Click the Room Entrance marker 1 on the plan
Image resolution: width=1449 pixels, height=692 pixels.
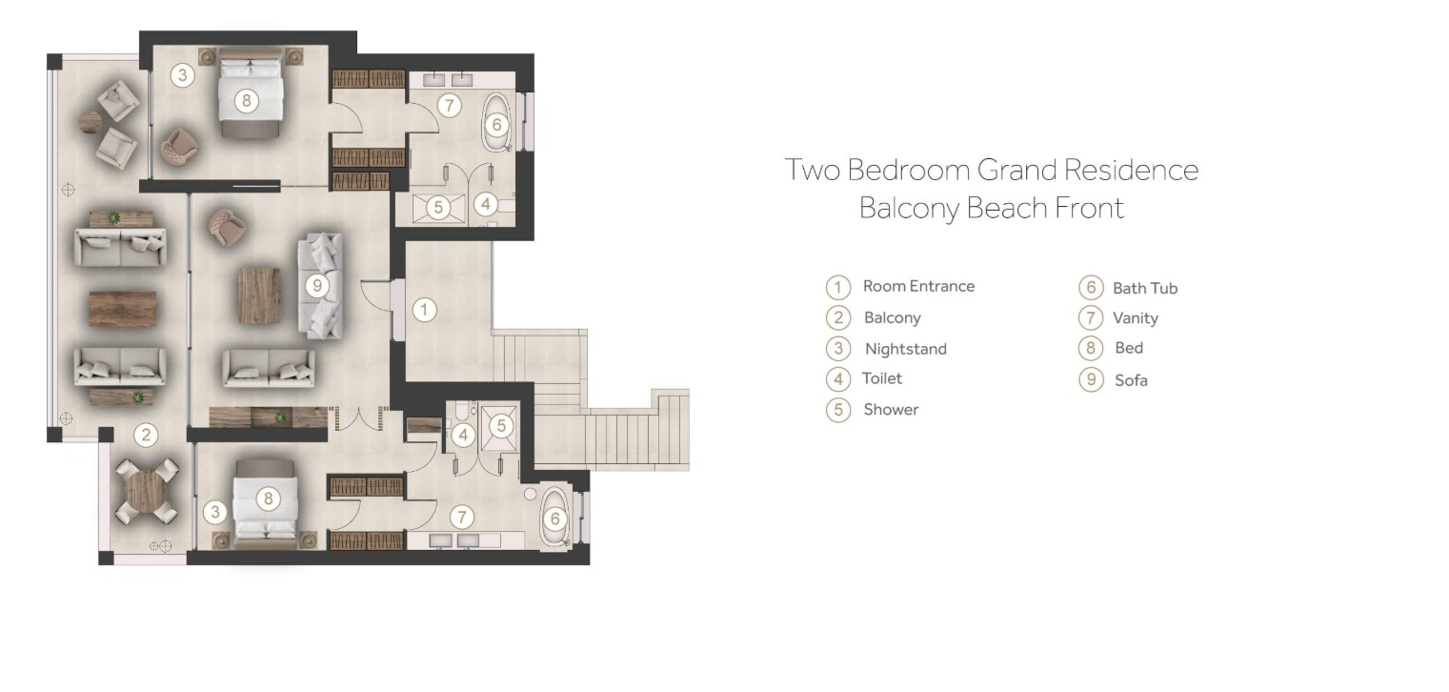tap(424, 310)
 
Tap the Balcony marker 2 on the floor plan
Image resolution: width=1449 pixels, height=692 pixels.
tap(146, 435)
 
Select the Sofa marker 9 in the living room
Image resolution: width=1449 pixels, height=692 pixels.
tap(316, 286)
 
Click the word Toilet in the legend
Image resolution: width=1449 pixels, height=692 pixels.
tap(882, 378)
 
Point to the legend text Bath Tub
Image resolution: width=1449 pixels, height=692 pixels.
tap(1145, 288)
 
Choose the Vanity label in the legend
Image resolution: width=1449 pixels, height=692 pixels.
tap(1136, 317)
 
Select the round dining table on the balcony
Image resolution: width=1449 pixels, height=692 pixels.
tap(147, 491)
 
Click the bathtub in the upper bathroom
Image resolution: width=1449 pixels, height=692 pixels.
tap(496, 123)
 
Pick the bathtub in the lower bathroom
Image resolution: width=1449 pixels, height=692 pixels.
tap(554, 518)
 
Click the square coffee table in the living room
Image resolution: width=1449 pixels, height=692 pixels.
tap(259, 295)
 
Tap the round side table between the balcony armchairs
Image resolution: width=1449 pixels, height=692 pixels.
tap(91, 121)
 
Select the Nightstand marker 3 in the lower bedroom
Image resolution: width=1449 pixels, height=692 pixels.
tap(215, 513)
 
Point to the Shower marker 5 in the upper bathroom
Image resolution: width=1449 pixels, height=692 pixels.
tap(438, 207)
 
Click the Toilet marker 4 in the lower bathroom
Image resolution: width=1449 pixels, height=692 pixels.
tap(463, 436)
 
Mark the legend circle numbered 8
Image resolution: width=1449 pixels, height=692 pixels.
tap(1091, 348)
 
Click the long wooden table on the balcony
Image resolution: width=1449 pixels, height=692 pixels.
tap(123, 308)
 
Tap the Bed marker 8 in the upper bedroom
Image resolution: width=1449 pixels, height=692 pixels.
tap(246, 101)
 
